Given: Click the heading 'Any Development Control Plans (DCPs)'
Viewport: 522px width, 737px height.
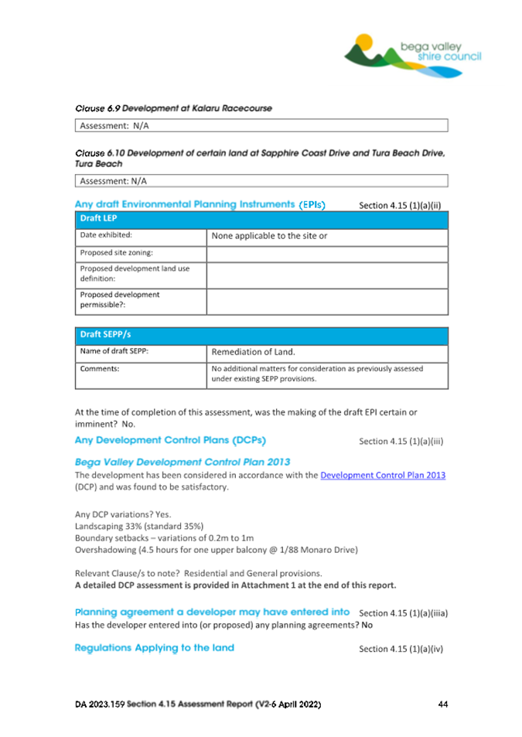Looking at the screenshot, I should point(170,441).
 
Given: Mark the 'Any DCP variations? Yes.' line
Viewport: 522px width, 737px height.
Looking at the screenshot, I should point(123,514).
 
